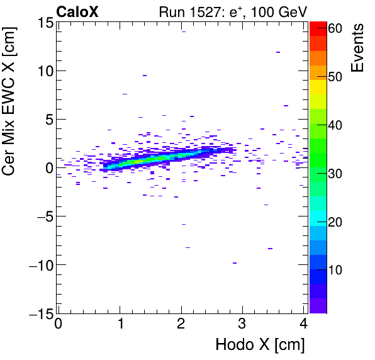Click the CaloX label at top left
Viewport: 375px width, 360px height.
(x=76, y=11)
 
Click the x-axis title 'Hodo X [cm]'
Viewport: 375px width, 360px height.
(x=260, y=345)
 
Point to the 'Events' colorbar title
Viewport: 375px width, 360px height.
(x=358, y=48)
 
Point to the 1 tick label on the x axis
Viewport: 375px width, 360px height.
(x=120, y=325)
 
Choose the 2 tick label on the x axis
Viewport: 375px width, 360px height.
(x=181, y=325)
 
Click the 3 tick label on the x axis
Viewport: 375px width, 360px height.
(x=243, y=325)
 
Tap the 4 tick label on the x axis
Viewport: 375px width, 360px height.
(x=304, y=325)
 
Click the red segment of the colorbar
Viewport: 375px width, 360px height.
(x=318, y=27)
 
